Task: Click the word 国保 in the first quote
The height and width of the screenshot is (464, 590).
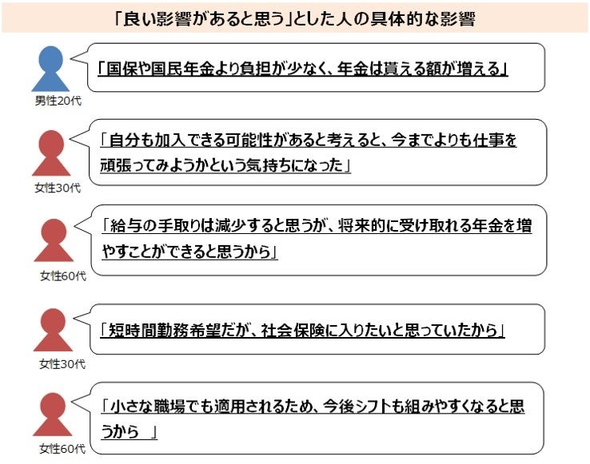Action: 117,68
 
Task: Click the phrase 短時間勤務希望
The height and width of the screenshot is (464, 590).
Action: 157,329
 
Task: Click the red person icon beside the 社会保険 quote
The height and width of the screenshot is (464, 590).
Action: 53,330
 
